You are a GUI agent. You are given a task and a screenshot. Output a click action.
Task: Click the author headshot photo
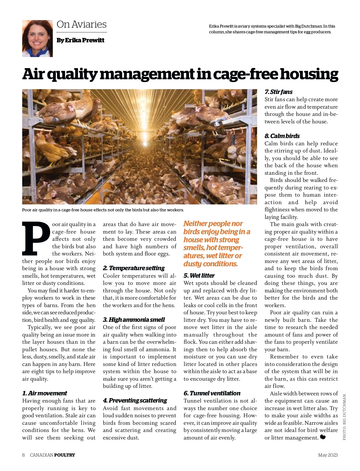(x=37, y=38)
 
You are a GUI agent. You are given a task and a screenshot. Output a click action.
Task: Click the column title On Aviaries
(x=82, y=24)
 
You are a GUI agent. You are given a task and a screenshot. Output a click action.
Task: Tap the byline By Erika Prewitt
(x=80, y=40)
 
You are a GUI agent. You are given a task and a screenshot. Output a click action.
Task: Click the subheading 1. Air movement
(x=44, y=393)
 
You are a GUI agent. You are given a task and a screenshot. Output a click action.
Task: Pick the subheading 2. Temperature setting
(x=134, y=268)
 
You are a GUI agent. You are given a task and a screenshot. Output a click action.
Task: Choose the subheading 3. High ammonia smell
(x=134, y=320)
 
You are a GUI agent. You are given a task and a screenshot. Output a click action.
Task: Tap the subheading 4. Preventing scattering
(x=135, y=400)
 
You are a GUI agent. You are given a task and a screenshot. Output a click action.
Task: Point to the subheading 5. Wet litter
(x=199, y=276)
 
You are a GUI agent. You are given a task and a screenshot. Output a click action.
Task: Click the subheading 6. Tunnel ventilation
(x=212, y=393)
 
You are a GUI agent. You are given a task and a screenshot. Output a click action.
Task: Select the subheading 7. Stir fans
(x=278, y=92)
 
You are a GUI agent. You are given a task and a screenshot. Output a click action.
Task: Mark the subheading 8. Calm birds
(x=282, y=136)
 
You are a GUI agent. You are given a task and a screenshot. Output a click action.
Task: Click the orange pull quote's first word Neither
(x=196, y=224)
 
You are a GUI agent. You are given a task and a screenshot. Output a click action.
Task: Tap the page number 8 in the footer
(x=23, y=455)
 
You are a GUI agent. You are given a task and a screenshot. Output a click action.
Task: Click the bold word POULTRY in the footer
(x=64, y=455)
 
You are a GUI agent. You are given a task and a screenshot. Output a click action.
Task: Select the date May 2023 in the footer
(x=328, y=455)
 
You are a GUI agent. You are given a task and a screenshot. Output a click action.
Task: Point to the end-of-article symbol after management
(x=323, y=437)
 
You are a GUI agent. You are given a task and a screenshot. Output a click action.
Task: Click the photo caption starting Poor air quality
(x=103, y=210)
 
